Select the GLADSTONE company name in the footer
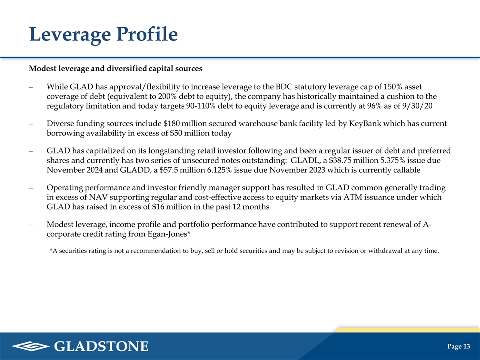click(x=101, y=346)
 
